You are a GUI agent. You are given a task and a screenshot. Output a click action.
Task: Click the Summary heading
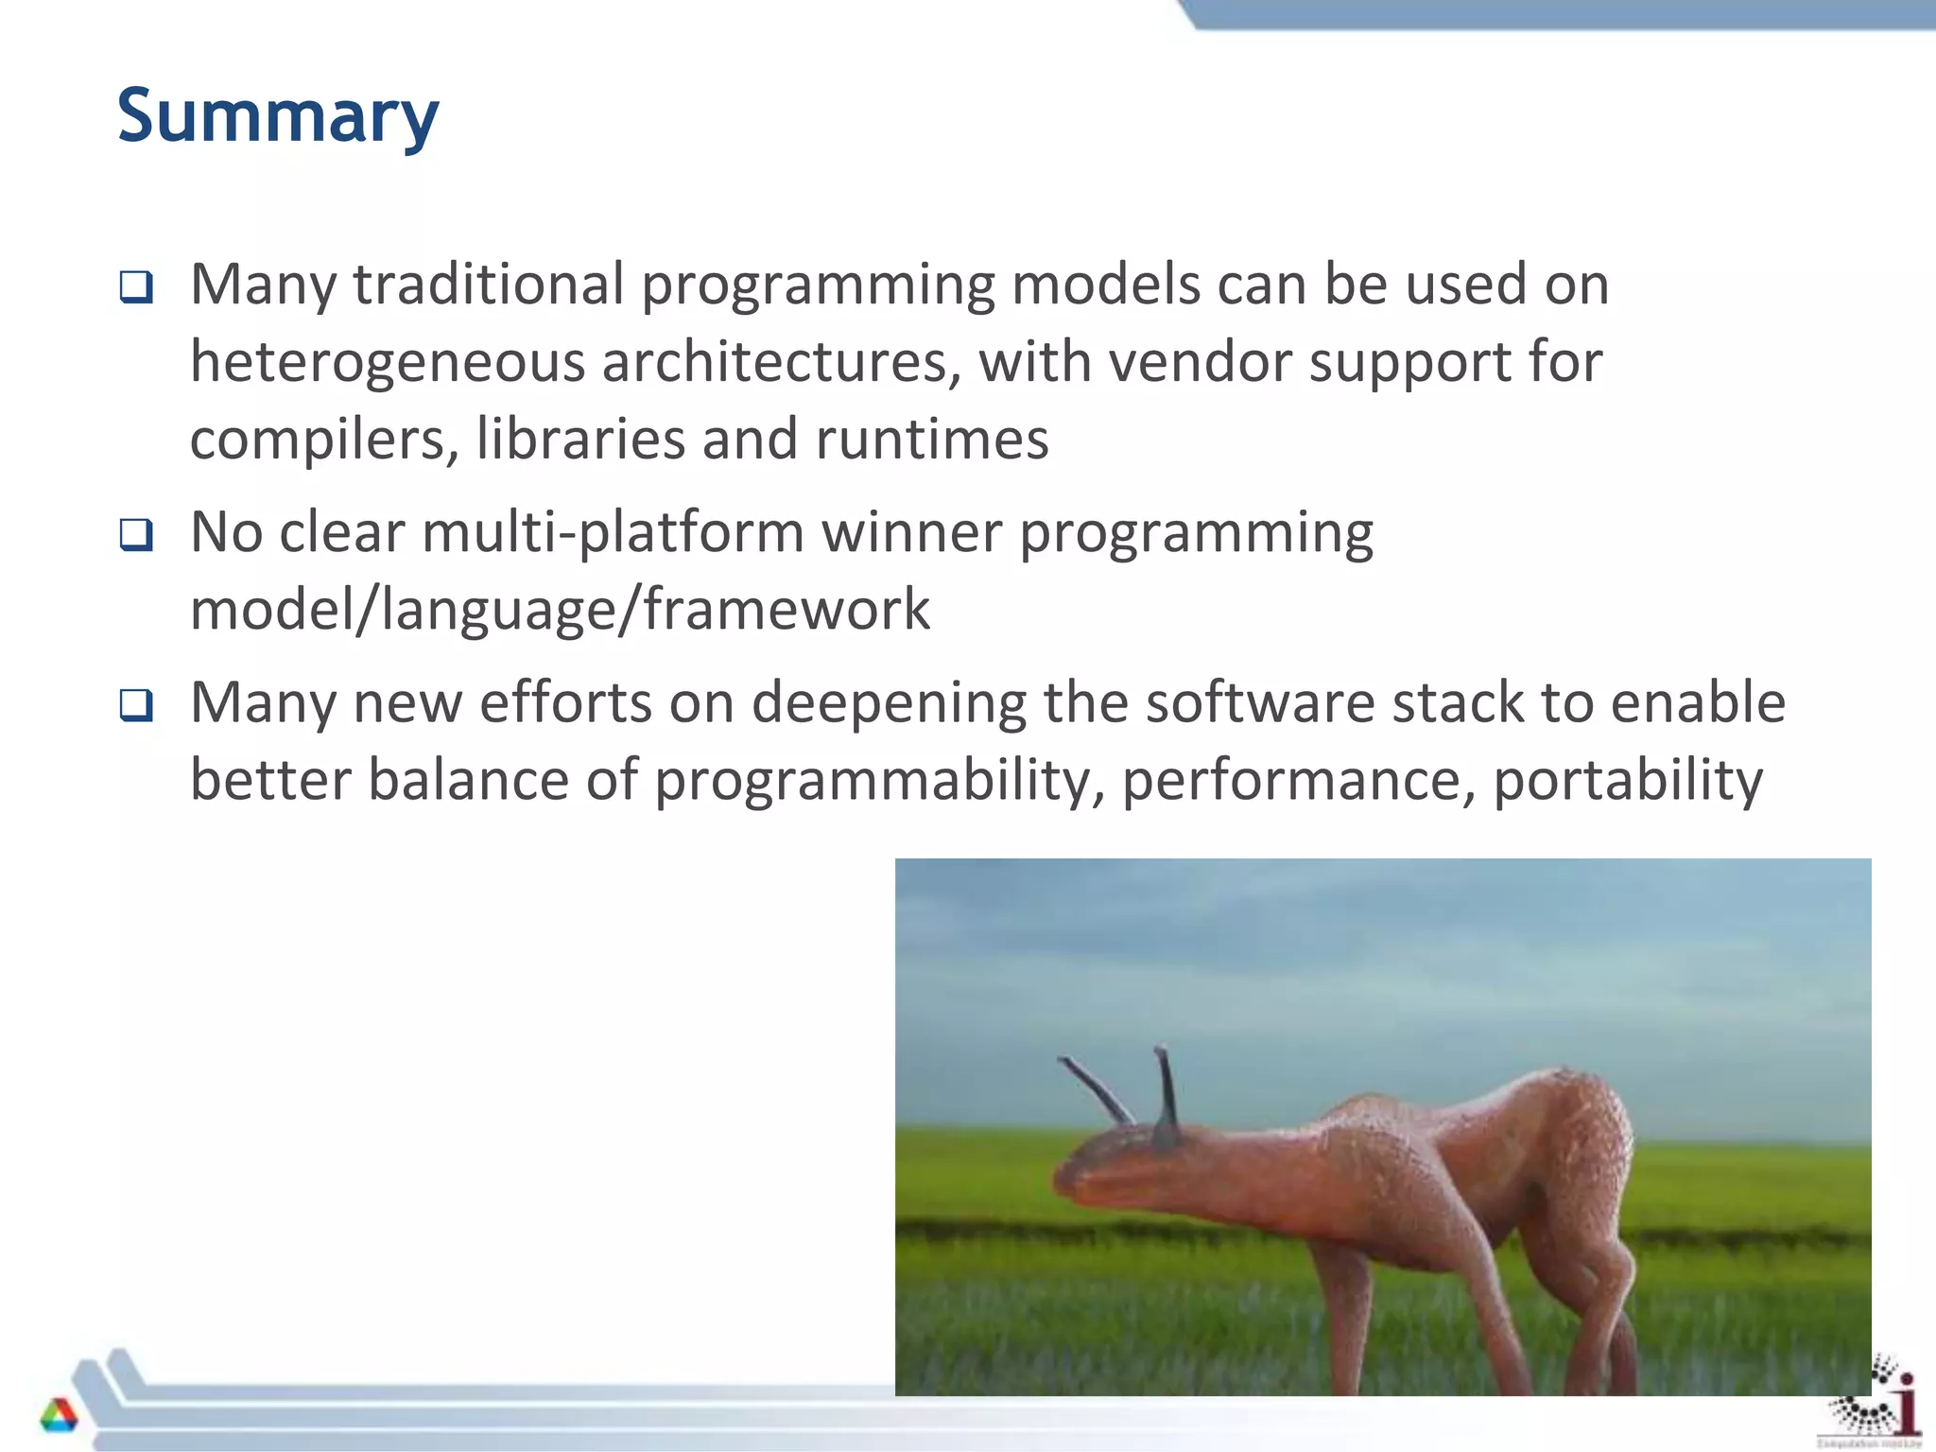pos(278,115)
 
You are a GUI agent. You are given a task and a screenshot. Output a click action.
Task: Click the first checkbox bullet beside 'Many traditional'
pos(136,286)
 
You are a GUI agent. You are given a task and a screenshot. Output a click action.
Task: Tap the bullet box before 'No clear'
pos(136,535)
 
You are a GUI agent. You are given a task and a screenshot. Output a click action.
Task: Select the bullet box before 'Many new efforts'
pos(136,705)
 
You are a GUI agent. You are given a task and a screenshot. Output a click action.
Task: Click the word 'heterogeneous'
pos(388,363)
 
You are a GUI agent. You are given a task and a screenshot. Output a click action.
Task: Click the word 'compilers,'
pos(324,440)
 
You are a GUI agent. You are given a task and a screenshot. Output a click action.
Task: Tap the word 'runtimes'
pos(931,440)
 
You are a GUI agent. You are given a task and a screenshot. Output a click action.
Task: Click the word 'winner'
pos(911,533)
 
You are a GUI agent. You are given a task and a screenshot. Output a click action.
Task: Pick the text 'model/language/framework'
pos(560,610)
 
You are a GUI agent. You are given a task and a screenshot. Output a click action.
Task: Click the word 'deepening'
pos(889,704)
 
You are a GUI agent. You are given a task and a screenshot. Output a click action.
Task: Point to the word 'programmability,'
pos(879,782)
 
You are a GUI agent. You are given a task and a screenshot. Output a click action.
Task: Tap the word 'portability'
pos(1627,782)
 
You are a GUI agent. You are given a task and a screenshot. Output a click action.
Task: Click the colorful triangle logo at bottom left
pos(59,1415)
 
